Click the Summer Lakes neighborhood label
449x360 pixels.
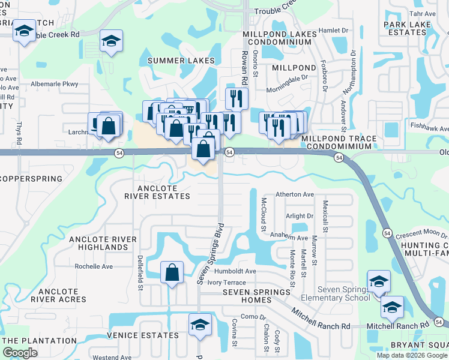pos(181,61)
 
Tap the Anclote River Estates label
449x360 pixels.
pos(157,191)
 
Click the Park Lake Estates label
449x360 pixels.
pos(408,28)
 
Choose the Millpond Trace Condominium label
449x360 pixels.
pos(340,142)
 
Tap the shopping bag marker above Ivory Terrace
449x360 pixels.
pos(172,272)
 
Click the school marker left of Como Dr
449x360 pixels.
pos(200,325)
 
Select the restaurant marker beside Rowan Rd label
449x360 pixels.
pos(237,98)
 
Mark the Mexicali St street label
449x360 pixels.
pos(325,217)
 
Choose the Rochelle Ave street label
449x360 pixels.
pos(94,266)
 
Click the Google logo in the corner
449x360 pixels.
pos(20,353)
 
